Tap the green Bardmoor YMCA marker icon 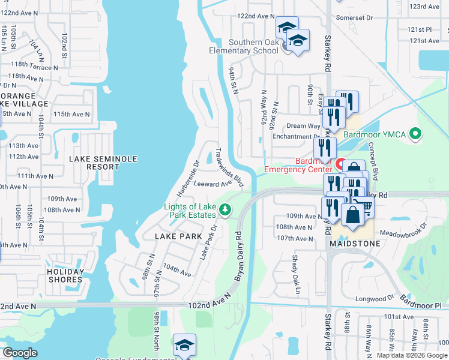point(415,134)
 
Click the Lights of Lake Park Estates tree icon point(225,210)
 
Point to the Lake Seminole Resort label point(103,163)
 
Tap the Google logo point(20,353)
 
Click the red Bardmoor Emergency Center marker point(340,163)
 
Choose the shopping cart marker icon point(364,208)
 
